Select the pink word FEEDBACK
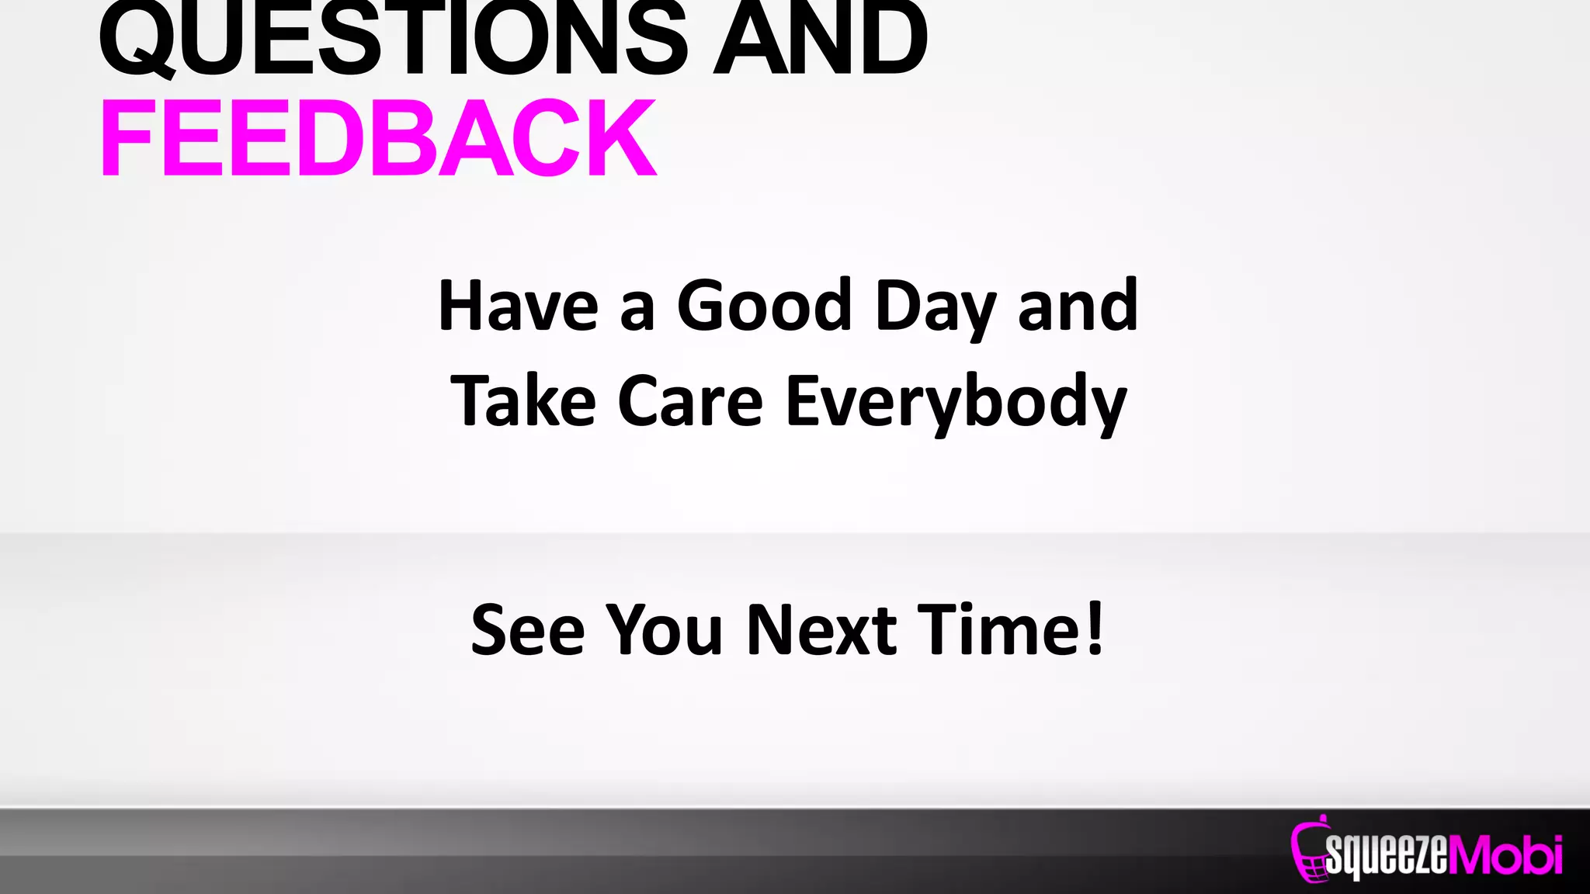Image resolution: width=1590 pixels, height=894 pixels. pyautogui.click(x=378, y=138)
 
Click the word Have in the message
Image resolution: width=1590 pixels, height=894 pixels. pyautogui.click(x=518, y=306)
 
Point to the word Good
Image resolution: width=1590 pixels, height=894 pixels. pyautogui.click(x=764, y=306)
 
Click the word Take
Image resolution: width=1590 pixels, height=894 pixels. pyautogui.click(x=523, y=401)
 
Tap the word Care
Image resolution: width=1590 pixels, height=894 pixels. pyautogui.click(x=690, y=401)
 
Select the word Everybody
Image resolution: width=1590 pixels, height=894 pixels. pyautogui.click(x=956, y=404)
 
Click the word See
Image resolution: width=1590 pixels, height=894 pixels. pyautogui.click(x=527, y=630)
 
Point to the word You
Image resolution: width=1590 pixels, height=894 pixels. pyautogui.click(x=665, y=630)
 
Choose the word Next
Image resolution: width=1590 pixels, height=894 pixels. pyautogui.click(x=821, y=630)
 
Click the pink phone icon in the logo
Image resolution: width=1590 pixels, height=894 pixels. pyautogui.click(x=1309, y=851)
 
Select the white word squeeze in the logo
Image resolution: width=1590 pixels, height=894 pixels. pyautogui.click(x=1387, y=856)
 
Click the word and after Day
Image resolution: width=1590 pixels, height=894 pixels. pyautogui.click(x=1078, y=306)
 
